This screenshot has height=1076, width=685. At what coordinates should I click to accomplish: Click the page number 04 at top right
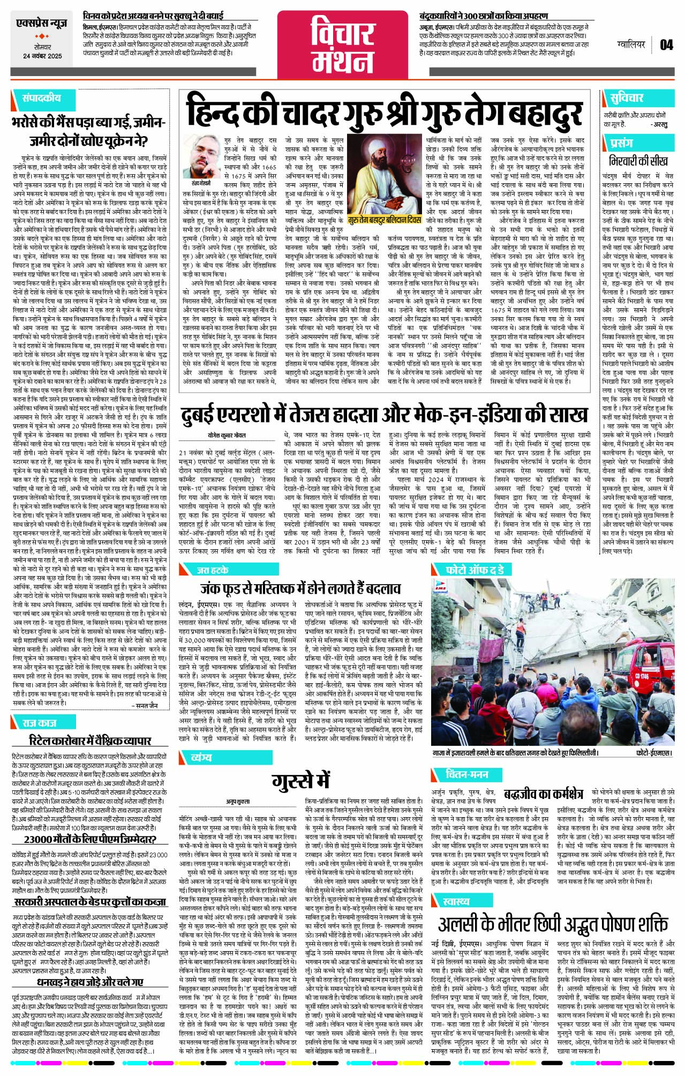666,44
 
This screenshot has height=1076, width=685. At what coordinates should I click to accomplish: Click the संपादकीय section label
41,98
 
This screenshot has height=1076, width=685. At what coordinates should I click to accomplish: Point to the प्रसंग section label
621,143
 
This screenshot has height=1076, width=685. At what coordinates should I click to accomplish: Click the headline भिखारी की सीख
638,161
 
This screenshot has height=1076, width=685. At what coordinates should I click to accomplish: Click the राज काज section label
40,723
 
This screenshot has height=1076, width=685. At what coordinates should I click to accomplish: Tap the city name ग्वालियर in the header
630,44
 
